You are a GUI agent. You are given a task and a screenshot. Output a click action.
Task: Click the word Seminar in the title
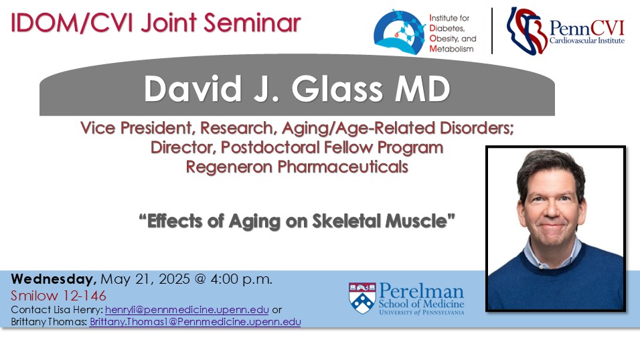[x=252, y=23]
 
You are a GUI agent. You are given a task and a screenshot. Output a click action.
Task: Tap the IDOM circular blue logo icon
[x=400, y=33]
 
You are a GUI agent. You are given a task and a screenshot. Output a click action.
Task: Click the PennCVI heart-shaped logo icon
[x=527, y=30]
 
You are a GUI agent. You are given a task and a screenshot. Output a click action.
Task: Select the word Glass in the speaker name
[x=337, y=88]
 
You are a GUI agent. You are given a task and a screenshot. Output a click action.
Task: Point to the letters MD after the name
[x=422, y=88]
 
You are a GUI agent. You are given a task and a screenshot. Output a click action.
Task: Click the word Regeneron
[x=230, y=167]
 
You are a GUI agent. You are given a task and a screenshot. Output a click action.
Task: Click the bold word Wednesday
[x=54, y=279]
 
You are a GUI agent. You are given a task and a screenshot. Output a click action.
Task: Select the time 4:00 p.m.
[x=241, y=279]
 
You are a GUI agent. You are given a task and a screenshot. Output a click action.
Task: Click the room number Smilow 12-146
[x=58, y=296]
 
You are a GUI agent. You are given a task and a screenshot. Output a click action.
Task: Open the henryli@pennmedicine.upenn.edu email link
[x=187, y=310]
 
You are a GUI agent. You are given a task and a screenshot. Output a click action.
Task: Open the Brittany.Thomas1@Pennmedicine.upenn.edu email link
[x=195, y=322]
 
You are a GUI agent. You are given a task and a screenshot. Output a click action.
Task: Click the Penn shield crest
[x=362, y=298]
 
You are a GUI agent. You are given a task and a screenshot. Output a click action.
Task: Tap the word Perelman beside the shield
[x=421, y=291]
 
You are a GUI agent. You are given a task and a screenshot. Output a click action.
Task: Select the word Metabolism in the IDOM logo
[x=451, y=49]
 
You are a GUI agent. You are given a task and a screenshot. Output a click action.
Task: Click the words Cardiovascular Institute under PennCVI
[x=587, y=40]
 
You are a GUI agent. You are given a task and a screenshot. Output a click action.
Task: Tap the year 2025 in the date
[x=174, y=279]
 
